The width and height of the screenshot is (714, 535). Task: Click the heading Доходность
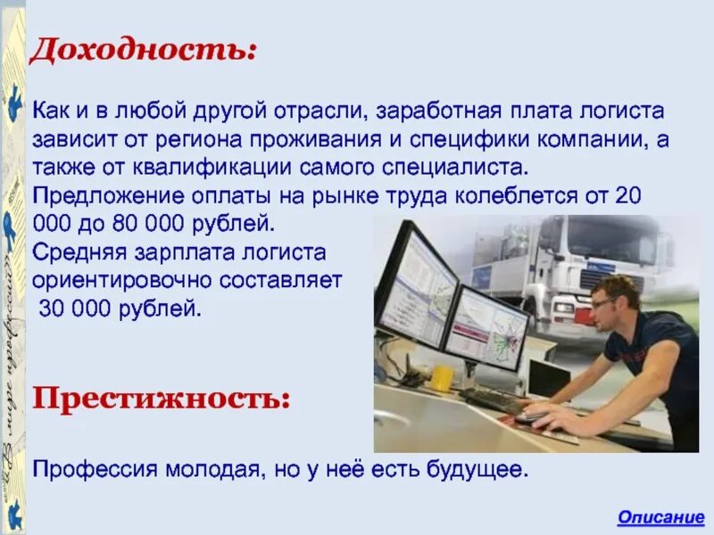coord(144,49)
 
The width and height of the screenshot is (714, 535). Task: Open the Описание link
coord(661,517)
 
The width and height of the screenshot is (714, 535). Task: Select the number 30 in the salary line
coord(52,309)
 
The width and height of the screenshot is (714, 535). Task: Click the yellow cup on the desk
coord(442,377)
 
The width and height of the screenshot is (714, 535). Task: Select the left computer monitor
coord(416,285)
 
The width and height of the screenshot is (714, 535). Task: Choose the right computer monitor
coord(486,327)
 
